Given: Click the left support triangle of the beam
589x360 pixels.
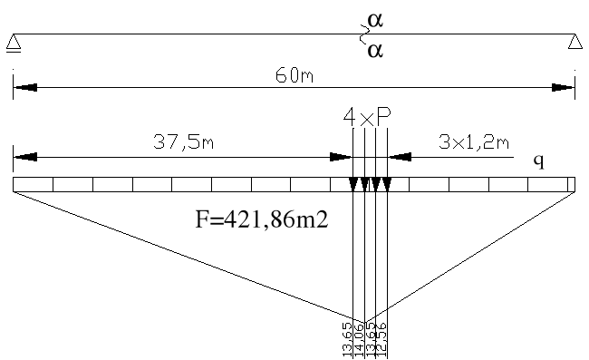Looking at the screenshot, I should pos(13,42).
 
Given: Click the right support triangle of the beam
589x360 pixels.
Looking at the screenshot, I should pos(575,42).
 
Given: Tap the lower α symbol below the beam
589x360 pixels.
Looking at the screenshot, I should pos(373,52).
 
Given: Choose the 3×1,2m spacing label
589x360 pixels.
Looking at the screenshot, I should pos(473,141).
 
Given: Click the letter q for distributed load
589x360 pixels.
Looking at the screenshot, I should pos(538,161).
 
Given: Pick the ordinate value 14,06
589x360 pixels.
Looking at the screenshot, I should pos(359,337).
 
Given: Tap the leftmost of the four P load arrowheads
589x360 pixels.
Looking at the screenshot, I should pos(352,185).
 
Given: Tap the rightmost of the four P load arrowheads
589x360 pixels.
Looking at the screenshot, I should pos(387,185).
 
